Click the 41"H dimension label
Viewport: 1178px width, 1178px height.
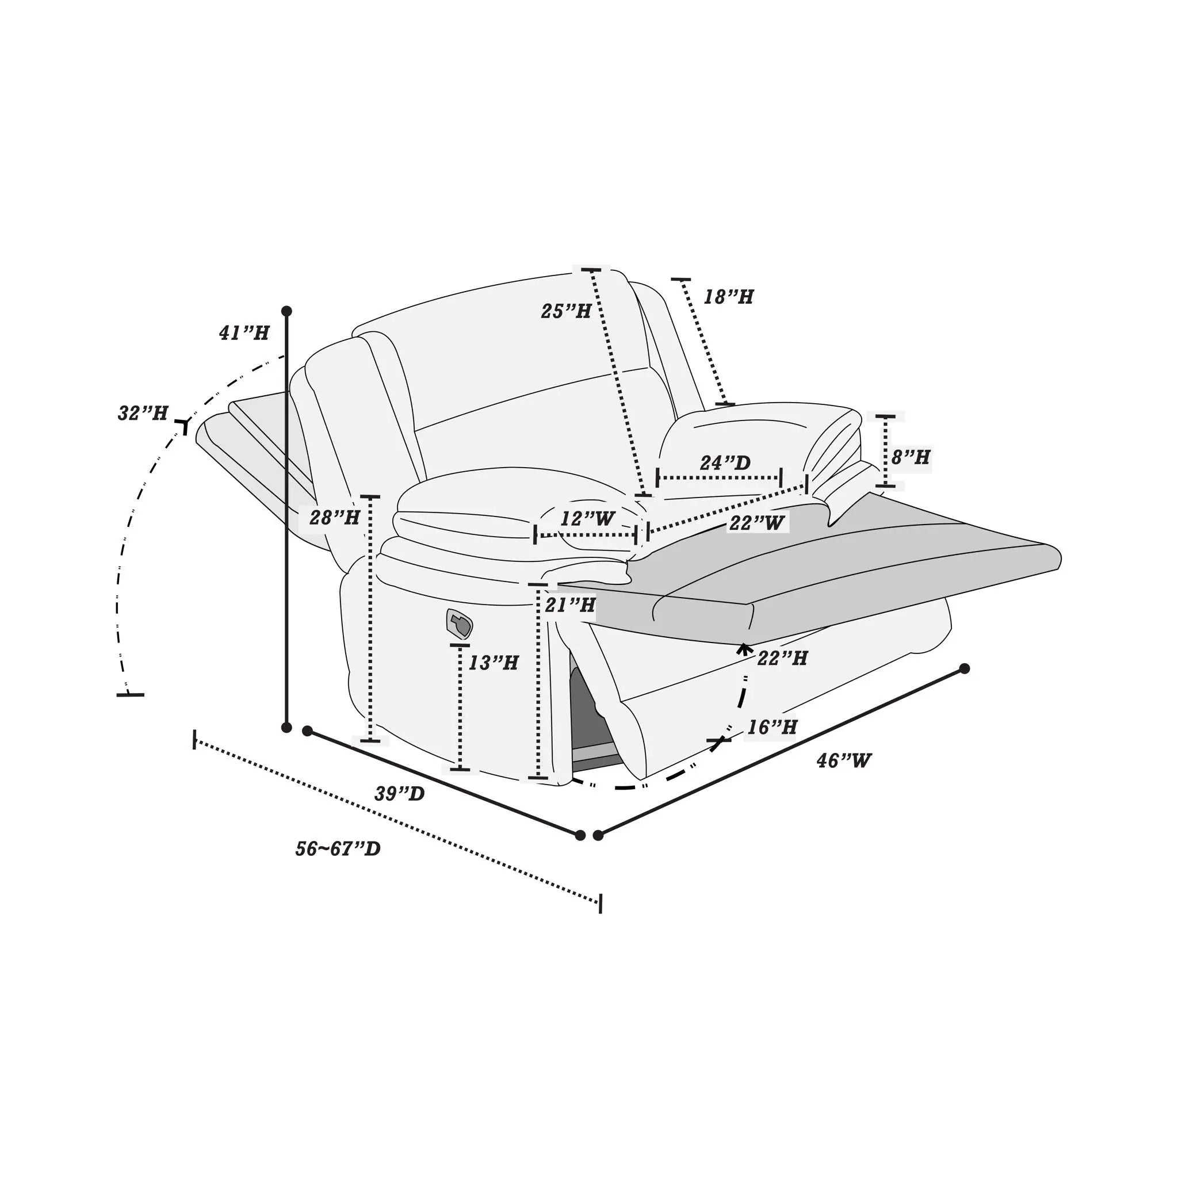244,333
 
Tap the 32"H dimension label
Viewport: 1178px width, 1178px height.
143,414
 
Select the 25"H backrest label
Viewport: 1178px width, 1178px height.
566,311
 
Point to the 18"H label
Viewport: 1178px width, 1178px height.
729,297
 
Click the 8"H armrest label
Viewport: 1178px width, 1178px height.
911,457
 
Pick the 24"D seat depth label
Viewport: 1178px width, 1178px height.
725,463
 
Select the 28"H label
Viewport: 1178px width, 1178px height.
335,518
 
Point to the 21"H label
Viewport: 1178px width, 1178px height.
570,605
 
